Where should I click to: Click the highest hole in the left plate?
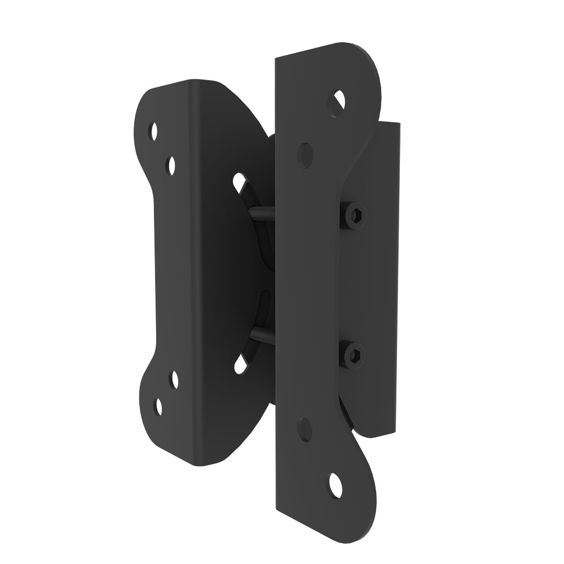153,132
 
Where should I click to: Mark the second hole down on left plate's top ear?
171,165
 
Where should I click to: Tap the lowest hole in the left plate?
158,407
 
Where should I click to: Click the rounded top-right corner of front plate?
372,62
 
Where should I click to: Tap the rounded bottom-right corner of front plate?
369,508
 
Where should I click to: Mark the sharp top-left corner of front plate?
275,58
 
